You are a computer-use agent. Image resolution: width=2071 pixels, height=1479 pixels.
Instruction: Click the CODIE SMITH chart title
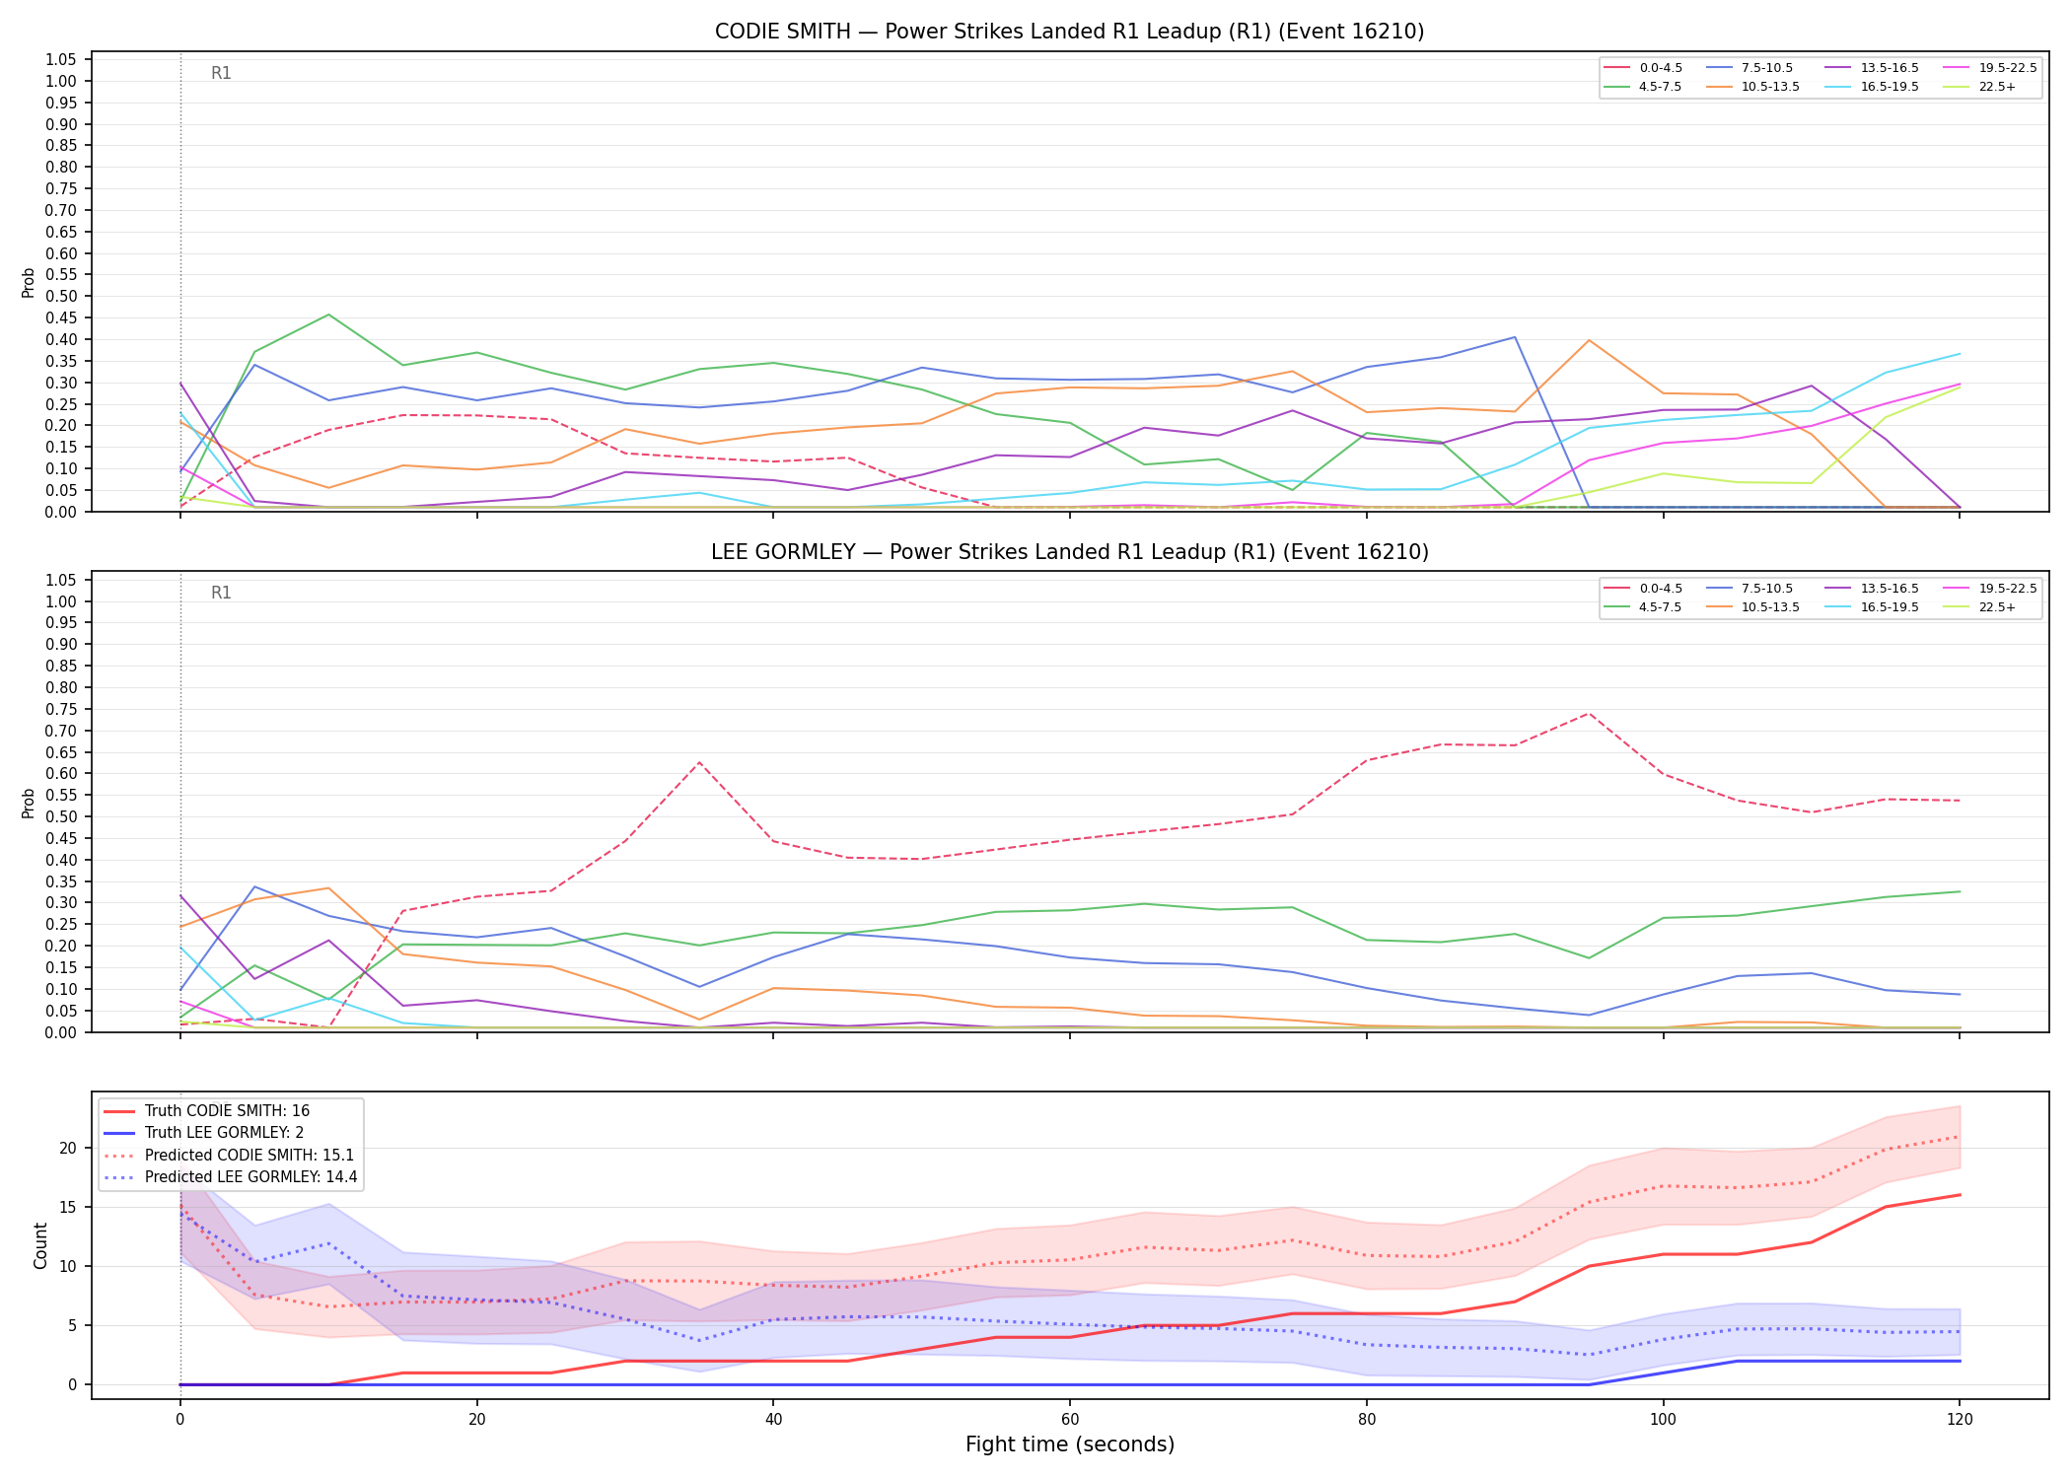coord(1069,32)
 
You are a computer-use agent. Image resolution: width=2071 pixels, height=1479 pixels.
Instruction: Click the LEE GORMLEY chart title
coord(1069,552)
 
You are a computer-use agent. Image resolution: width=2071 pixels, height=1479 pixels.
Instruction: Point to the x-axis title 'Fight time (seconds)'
coord(1070,1444)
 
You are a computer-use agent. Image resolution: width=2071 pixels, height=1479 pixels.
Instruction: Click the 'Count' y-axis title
coord(40,1245)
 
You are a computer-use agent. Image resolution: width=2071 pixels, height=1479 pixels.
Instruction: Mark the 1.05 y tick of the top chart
coord(61,60)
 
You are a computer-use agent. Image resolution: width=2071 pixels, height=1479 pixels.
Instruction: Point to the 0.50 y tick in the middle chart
coord(61,816)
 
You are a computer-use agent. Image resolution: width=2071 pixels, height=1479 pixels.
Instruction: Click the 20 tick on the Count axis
coord(68,1148)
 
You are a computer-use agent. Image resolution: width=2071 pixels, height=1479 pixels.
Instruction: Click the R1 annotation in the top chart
coord(221,73)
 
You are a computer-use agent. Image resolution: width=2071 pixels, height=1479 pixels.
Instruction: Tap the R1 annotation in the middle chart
coord(221,593)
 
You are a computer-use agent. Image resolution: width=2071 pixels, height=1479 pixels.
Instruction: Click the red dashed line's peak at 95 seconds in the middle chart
coord(1589,713)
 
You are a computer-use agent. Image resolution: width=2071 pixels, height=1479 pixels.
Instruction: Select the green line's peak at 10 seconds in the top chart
coord(328,315)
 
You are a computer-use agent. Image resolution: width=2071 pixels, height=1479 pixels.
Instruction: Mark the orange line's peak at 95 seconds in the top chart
coord(1589,340)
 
